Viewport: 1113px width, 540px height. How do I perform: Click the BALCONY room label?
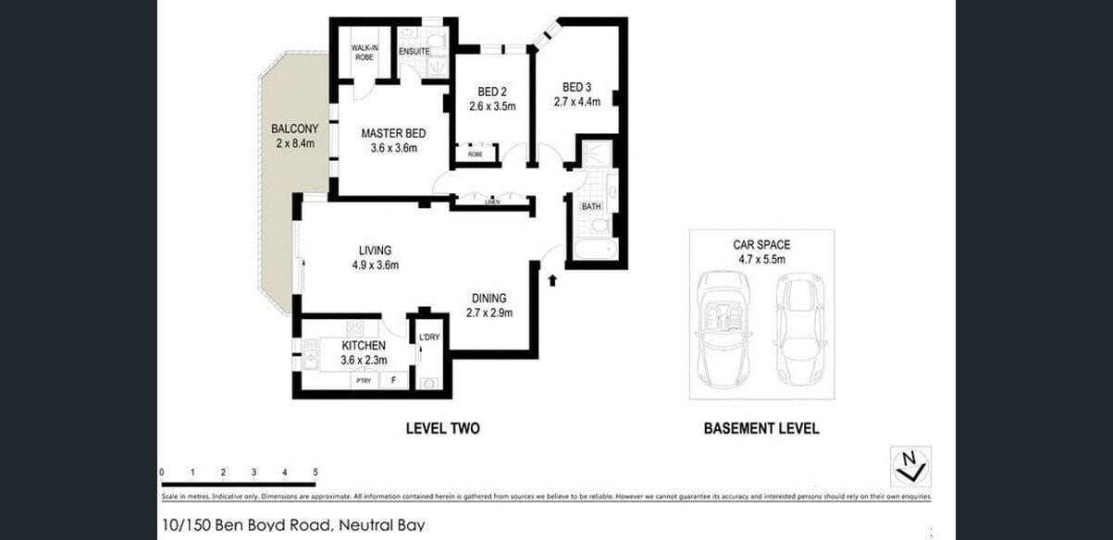point(294,129)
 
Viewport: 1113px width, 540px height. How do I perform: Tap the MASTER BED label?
point(393,132)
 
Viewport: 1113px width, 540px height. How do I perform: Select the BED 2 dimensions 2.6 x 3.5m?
point(492,106)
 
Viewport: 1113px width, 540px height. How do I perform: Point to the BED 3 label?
point(572,88)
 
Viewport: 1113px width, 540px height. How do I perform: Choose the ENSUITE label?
point(414,52)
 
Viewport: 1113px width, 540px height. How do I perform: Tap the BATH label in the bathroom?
point(591,206)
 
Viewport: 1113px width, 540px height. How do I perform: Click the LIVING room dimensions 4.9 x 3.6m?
point(375,265)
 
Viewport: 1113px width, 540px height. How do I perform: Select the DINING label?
point(488,298)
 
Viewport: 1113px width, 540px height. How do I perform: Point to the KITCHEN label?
point(364,345)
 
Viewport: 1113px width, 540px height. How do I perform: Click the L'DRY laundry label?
point(429,337)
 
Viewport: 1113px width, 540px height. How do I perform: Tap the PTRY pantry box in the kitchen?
point(364,380)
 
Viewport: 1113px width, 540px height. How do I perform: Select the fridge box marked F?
point(394,380)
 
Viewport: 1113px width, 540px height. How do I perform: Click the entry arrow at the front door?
point(552,278)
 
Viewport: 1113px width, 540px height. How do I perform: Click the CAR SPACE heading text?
point(761,245)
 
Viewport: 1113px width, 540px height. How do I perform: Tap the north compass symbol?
point(910,466)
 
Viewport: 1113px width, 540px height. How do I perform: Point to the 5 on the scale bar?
point(315,472)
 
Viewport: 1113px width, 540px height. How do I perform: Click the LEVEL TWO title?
point(442,429)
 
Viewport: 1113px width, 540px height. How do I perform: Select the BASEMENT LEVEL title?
point(761,429)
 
